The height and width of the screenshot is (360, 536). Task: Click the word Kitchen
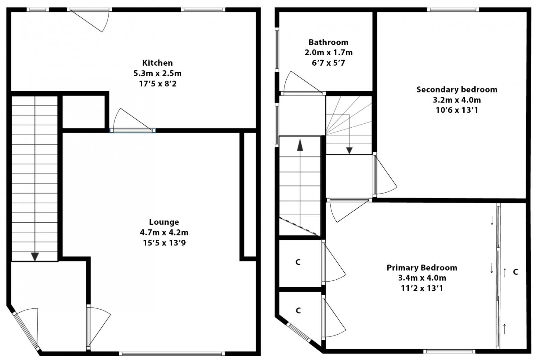tap(157, 63)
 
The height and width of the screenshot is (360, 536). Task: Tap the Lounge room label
tap(164, 222)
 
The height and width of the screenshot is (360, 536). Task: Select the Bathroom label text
tap(328, 42)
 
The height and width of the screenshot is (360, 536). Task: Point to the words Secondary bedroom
tap(457, 89)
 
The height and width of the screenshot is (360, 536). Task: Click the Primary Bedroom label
tap(422, 268)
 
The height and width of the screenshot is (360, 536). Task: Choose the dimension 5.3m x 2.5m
tap(157, 73)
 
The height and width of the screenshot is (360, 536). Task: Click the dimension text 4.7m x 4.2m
tap(164, 232)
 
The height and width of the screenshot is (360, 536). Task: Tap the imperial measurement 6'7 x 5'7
tap(328, 63)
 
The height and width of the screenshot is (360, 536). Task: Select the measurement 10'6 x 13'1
tap(457, 110)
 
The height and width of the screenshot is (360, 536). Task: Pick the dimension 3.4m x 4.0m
tap(422, 278)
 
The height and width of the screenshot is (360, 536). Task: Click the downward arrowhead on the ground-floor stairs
tap(35, 257)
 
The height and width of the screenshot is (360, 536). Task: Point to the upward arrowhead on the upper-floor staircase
tap(300, 145)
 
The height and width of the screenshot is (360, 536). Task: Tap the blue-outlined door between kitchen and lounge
tap(133, 130)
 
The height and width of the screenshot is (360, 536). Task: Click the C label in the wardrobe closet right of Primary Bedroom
tap(515, 272)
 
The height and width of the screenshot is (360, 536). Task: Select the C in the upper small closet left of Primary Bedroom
tap(298, 262)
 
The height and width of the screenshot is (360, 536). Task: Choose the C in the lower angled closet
tap(298, 311)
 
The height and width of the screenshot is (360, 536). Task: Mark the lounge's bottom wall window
tap(172, 353)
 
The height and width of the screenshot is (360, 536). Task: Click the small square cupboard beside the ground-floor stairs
tap(83, 112)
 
